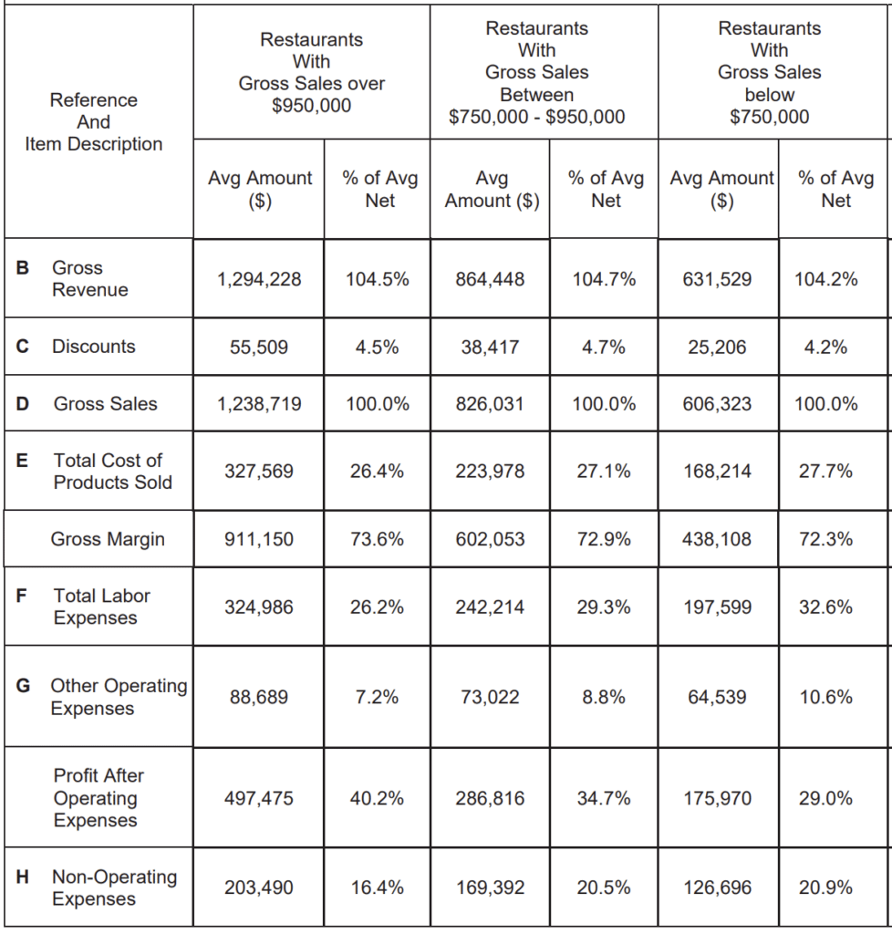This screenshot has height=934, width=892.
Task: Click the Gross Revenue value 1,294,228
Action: (259, 279)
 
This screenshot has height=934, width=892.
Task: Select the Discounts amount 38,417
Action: (490, 348)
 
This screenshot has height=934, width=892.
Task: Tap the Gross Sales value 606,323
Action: (717, 404)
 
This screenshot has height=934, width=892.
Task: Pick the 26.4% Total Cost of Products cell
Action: (377, 472)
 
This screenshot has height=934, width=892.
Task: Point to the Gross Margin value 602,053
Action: (490, 539)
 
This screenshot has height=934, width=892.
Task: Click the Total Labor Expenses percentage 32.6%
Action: (825, 607)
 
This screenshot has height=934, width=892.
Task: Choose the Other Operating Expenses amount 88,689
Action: (259, 697)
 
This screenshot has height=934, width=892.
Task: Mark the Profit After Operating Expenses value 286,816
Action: (490, 798)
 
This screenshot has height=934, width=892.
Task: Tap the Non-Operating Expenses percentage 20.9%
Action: (825, 887)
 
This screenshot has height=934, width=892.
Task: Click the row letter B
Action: (22, 268)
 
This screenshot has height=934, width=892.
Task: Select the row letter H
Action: (22, 877)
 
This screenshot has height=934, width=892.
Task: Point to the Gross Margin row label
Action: (108, 539)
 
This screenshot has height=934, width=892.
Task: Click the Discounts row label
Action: (94, 347)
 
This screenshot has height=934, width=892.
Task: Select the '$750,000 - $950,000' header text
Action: (536, 117)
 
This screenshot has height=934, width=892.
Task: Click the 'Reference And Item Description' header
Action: (94, 122)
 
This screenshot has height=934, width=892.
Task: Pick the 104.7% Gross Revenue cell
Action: (604, 279)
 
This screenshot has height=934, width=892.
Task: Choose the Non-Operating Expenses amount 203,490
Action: (259, 887)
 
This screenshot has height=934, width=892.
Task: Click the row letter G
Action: (23, 686)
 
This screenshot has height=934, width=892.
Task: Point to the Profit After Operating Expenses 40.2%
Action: (377, 798)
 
